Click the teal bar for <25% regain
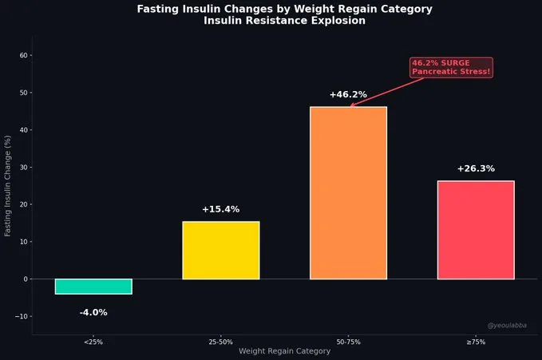pos(93,287)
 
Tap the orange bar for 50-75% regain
pos(348,193)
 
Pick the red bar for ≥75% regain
pos(476,230)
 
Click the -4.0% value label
pos(93,312)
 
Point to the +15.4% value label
pos(220,209)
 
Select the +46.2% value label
pos(348,95)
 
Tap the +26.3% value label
pos(476,169)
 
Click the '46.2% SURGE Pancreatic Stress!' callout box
pos(451,68)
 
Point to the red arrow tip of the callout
pos(350,106)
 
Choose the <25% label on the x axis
pos(93,342)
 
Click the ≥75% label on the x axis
pos(476,342)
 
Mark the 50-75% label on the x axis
pos(348,342)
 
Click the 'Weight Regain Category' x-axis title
pos(284,351)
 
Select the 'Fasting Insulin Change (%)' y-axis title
pos(8,186)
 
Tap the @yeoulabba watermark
pos(507,326)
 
